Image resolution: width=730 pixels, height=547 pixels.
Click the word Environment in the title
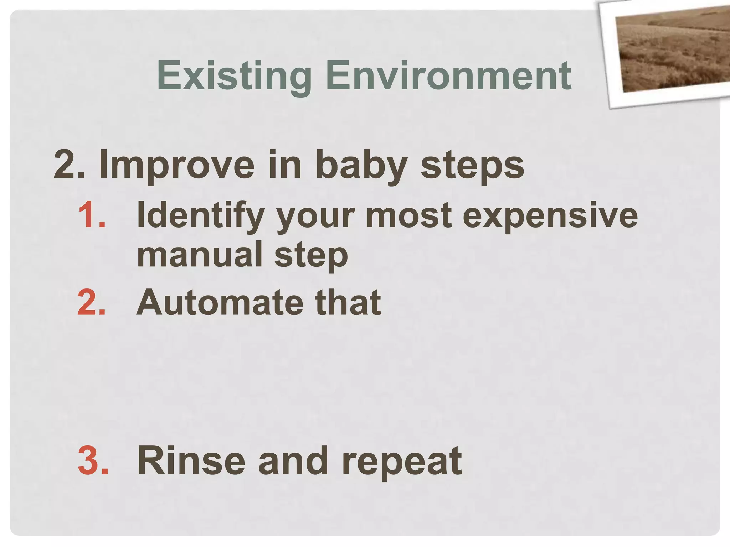(448, 75)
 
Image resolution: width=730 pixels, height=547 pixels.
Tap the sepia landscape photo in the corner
(674, 50)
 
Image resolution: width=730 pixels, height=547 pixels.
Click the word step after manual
(311, 255)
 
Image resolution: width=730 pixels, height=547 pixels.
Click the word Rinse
(191, 461)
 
